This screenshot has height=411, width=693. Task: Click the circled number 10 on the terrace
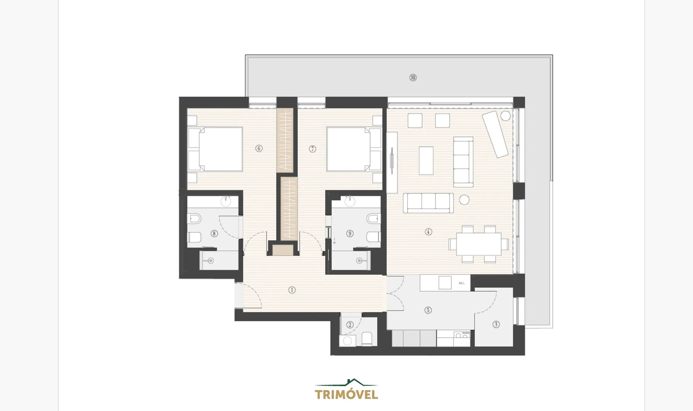tap(413, 78)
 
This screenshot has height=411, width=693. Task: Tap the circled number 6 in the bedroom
tap(259, 148)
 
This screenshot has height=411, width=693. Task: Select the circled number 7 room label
tap(313, 149)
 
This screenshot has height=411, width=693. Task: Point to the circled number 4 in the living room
tap(429, 232)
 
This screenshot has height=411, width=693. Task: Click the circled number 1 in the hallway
tap(292, 290)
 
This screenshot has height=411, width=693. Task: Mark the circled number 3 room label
tap(496, 325)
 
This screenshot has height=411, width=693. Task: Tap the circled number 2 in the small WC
tap(350, 325)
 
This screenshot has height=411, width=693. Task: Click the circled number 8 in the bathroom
tap(215, 234)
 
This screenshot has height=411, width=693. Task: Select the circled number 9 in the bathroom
tap(350, 234)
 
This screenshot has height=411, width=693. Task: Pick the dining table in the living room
tap(479, 244)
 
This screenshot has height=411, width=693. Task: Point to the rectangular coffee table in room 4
tap(426, 161)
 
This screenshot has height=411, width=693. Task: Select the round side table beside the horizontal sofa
tap(464, 200)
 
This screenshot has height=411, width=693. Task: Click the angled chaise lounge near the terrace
tap(496, 134)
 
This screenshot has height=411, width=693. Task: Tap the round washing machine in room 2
tap(348, 341)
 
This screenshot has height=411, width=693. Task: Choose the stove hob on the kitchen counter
tap(463, 335)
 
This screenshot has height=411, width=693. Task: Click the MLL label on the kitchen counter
tap(462, 283)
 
